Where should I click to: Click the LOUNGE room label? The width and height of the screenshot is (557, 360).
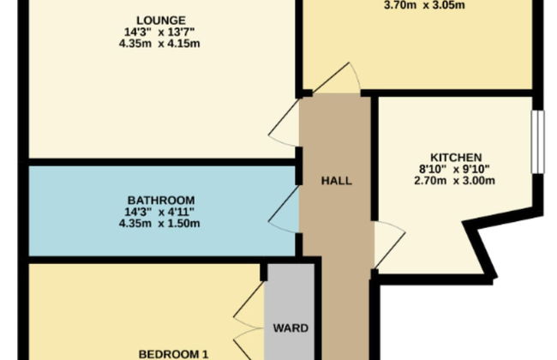coord(161,20)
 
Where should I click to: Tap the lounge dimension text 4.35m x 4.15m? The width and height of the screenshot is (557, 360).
coord(161,44)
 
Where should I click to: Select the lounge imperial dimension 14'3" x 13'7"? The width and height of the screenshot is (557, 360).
coord(161,32)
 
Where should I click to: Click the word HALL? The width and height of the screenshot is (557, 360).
coord(336,181)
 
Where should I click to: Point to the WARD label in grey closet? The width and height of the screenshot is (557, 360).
coord(290,327)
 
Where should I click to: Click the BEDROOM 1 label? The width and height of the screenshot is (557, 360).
coord(174,353)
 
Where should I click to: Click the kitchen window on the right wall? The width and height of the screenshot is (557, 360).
coord(536,141)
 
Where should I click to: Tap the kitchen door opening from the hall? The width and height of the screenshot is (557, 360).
coord(386,242)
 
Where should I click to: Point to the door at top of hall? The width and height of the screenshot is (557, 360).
coord(336,79)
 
